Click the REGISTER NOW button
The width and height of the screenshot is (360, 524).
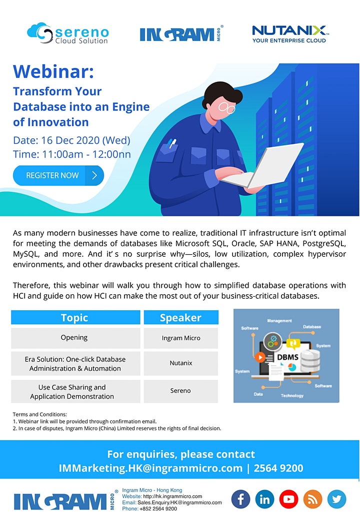click(x=58, y=175)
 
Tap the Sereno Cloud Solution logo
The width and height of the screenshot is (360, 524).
click(x=68, y=33)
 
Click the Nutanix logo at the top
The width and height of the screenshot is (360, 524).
click(x=290, y=34)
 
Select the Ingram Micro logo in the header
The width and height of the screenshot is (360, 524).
click(x=181, y=33)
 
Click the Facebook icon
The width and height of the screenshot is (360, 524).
click(x=240, y=499)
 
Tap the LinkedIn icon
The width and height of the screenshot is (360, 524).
click(x=264, y=499)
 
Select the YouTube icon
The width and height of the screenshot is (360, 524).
click(x=288, y=499)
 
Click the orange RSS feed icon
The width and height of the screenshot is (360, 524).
click(x=313, y=499)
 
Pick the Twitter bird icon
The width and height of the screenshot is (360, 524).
click(x=336, y=499)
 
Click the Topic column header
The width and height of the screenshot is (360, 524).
click(x=75, y=318)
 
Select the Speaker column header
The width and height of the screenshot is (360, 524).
click(x=181, y=318)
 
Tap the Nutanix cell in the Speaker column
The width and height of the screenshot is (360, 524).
click(x=181, y=363)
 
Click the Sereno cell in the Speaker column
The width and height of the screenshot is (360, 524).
click(x=180, y=391)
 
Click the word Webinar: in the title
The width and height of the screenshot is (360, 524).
click(x=53, y=71)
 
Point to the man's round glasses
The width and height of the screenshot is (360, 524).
click(x=227, y=107)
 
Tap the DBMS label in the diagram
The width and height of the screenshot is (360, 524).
click(x=287, y=357)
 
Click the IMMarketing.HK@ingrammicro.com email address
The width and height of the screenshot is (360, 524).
click(x=150, y=468)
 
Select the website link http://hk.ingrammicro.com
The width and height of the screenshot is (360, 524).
click(x=172, y=496)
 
